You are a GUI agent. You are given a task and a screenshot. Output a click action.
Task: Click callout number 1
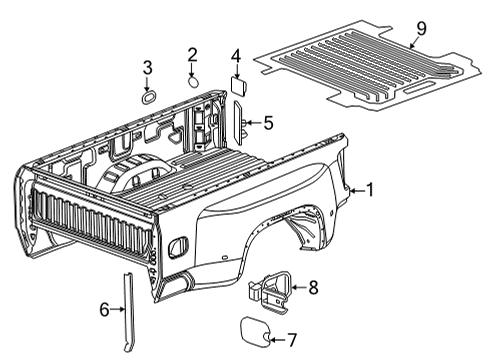(369, 189)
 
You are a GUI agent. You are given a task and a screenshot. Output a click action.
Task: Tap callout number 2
(192, 54)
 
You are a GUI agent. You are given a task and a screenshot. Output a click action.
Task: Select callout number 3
(147, 68)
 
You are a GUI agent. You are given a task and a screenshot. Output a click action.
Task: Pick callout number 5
(267, 123)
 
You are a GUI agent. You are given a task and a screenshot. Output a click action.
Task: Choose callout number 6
(103, 310)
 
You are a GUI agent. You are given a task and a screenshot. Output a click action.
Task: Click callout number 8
(312, 288)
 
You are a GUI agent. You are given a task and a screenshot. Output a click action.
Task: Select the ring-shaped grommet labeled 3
(147, 97)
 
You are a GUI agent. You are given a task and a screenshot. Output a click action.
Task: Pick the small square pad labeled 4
(239, 85)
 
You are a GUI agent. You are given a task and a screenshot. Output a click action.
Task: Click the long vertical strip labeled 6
(128, 307)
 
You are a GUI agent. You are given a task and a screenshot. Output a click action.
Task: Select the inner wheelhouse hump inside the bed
(130, 175)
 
